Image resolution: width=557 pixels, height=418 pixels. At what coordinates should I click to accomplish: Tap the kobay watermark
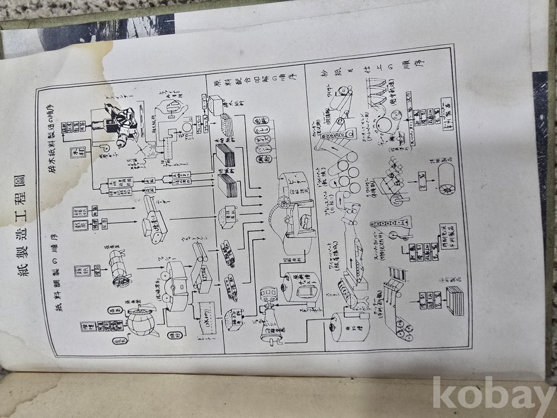point(493,393)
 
